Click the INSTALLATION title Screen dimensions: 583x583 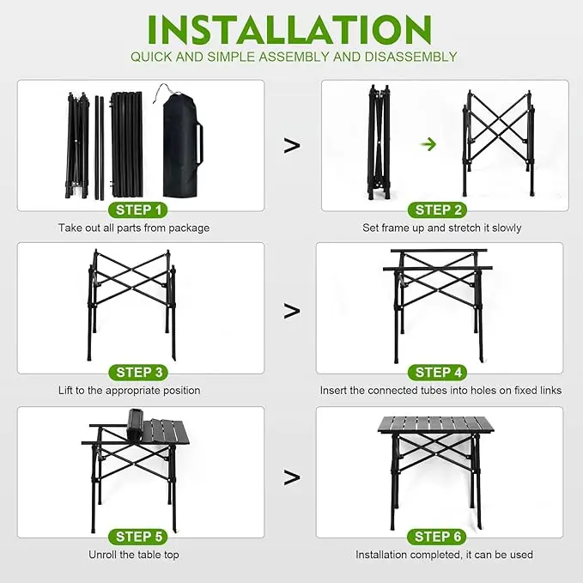[x=289, y=30]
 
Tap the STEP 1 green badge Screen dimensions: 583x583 [x=138, y=210]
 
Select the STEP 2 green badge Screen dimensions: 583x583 [x=438, y=210]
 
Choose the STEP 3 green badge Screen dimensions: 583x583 [x=138, y=373]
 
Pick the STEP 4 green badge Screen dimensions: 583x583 [x=438, y=373]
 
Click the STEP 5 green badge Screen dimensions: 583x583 [x=138, y=537]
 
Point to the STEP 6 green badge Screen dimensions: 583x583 [x=437, y=537]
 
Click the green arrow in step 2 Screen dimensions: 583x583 [x=428, y=144]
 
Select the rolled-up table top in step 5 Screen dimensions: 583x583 [x=135, y=424]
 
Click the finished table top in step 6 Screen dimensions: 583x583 [x=436, y=425]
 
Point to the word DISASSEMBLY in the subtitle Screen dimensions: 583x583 [x=411, y=57]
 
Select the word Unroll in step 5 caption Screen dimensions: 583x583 [x=100, y=555]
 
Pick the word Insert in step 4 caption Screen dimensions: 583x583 [x=333, y=391]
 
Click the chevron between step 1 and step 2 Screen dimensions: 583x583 [x=292, y=145]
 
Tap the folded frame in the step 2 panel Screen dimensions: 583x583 [x=380, y=142]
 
